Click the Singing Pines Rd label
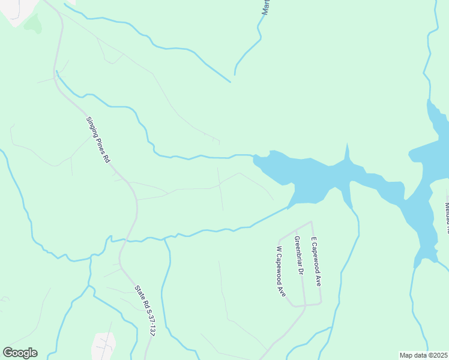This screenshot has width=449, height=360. pyautogui.click(x=98, y=140)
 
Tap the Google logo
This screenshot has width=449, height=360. pyautogui.click(x=20, y=353)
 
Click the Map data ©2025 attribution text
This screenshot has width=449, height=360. pyautogui.click(x=423, y=355)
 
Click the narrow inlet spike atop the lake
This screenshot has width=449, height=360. pyautogui.click(x=346, y=152)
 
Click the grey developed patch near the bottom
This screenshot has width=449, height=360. pyautogui.click(x=103, y=345)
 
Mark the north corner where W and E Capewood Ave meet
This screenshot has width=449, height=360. pyautogui.click(x=310, y=222)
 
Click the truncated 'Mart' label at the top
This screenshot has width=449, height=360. pyautogui.click(x=265, y=7)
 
